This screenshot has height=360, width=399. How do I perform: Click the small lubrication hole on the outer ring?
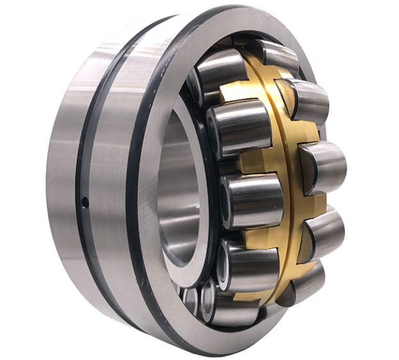[x=85, y=203]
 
